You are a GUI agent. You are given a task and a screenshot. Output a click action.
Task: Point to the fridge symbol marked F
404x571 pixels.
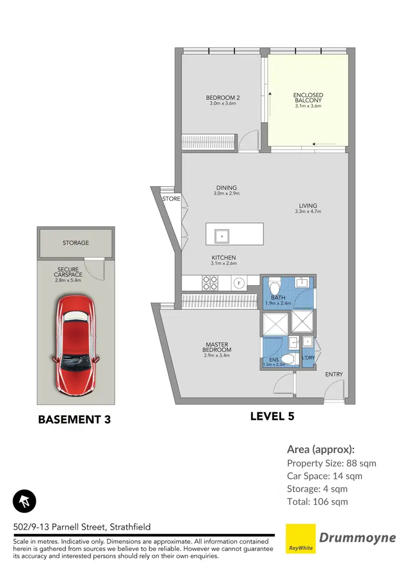239,282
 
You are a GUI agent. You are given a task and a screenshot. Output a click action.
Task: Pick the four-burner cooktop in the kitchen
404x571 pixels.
209,281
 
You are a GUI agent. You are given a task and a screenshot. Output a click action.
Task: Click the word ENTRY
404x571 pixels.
334,375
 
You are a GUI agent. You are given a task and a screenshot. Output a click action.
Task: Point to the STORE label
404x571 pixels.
171,199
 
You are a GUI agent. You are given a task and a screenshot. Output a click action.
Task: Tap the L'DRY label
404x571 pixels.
308,357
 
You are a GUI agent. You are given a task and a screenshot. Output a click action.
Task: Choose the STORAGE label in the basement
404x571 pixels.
75,243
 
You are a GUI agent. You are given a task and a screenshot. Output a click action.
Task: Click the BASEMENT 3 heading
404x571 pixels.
74,419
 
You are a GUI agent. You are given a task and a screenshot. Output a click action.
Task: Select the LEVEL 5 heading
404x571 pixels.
273,416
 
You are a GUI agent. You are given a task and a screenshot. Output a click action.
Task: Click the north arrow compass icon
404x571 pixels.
24,501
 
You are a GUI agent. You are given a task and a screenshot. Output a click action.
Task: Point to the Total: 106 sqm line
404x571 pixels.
317,502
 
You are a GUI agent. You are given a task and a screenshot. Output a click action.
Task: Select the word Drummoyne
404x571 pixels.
358,537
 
